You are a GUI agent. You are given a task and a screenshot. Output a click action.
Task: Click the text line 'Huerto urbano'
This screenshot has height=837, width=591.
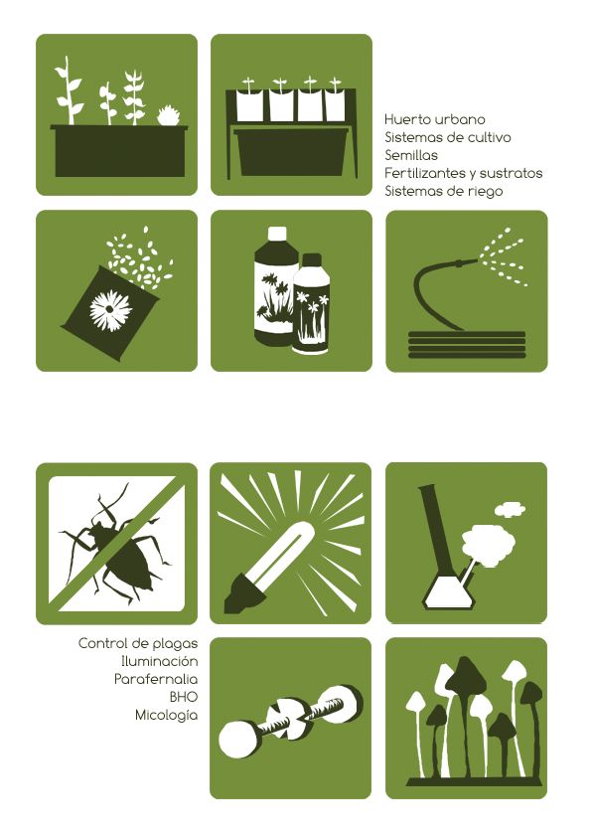435,119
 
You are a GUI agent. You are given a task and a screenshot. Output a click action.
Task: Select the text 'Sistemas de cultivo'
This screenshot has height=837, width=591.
448,137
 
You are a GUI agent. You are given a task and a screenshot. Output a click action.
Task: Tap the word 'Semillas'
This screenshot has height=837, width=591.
411,155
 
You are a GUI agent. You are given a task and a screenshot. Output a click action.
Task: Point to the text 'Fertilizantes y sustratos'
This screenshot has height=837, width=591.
464,173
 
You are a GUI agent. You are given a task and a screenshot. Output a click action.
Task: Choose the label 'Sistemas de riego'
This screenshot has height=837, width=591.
444,191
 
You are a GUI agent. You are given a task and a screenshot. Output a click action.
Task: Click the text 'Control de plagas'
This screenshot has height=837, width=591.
138,643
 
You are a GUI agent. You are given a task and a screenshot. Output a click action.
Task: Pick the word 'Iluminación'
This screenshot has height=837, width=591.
160,661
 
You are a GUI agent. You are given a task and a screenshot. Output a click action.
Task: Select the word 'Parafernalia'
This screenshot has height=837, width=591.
156,679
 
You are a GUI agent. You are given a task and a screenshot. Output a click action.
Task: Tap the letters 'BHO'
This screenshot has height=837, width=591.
184,697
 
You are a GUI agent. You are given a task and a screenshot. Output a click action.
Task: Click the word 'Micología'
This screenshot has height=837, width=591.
167,715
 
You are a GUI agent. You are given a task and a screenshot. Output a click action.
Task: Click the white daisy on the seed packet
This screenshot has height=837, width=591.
111,311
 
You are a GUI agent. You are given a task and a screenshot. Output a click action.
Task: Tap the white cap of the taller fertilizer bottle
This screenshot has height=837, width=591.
277,234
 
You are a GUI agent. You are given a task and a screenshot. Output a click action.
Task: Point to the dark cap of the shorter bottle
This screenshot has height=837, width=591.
312,260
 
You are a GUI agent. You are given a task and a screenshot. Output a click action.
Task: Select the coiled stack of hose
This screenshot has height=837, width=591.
467,345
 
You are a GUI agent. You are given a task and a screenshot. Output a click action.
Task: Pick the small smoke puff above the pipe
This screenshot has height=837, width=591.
510,509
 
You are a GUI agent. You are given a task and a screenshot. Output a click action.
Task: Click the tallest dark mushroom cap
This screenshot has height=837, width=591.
466,674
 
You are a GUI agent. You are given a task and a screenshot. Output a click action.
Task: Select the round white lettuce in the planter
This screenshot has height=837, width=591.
169,116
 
